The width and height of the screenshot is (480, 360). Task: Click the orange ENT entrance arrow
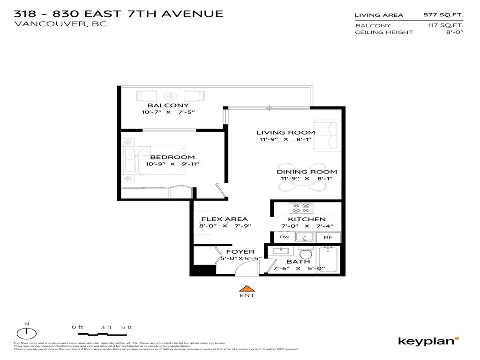247,288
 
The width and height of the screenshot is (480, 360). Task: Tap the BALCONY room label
168,105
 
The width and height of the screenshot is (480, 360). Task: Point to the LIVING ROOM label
285,133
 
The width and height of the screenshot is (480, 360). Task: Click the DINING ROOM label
307,172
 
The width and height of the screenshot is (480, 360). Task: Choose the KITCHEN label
307,219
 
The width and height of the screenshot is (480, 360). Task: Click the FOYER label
240,252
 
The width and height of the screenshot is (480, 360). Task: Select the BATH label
298,262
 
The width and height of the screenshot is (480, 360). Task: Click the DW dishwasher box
284,237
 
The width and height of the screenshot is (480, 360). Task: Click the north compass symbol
27,333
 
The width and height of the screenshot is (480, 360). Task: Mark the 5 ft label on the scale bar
127,327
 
